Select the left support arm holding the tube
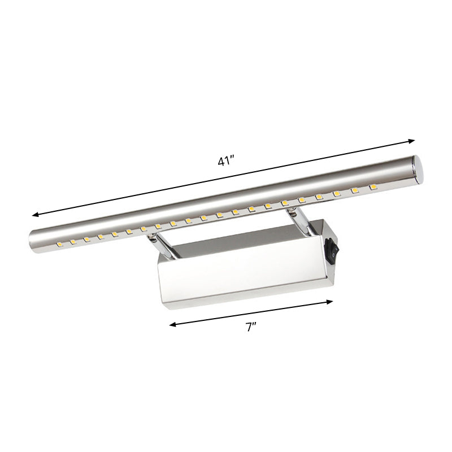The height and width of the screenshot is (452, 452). [160, 245]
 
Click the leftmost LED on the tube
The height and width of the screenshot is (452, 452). [59, 244]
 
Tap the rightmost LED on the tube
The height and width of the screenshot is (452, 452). [373, 186]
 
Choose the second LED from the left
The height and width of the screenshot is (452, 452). [73, 241]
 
